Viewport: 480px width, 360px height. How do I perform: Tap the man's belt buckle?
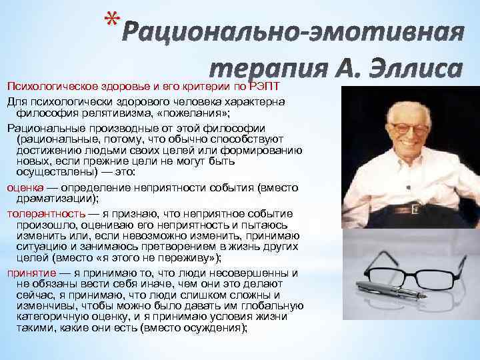[x=414, y=210]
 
